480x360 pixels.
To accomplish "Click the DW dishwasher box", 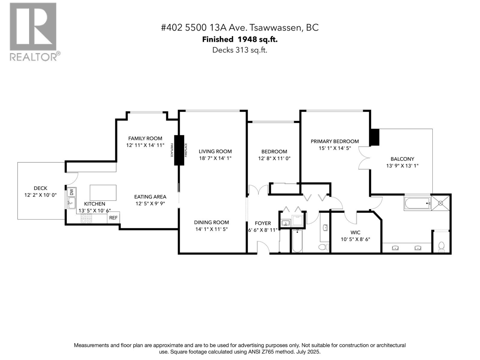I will pyautogui.click(x=71, y=192).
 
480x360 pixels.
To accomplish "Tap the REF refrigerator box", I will pyautogui.click(x=113, y=218).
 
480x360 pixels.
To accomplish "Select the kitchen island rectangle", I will pyautogui.click(x=103, y=193).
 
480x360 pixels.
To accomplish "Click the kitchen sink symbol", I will pyautogui.click(x=71, y=203).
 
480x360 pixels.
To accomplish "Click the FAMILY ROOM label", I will pyautogui.click(x=145, y=138).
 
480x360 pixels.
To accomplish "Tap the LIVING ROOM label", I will pyautogui.click(x=215, y=151).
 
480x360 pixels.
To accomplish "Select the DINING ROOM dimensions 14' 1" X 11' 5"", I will pyautogui.click(x=211, y=229).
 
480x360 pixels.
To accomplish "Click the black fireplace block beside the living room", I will pyautogui.click(x=179, y=150).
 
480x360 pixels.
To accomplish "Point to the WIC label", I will pyautogui.click(x=355, y=232).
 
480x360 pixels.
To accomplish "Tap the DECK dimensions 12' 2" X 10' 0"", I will pyautogui.click(x=40, y=195).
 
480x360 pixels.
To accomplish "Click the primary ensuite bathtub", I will pyautogui.click(x=417, y=204).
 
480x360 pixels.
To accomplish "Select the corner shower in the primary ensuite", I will pyautogui.click(x=441, y=203).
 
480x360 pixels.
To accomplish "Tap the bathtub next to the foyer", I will pyautogui.click(x=297, y=241).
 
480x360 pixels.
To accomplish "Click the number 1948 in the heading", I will pyautogui.click(x=245, y=39).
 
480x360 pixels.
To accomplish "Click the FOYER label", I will pyautogui.click(x=263, y=223).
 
